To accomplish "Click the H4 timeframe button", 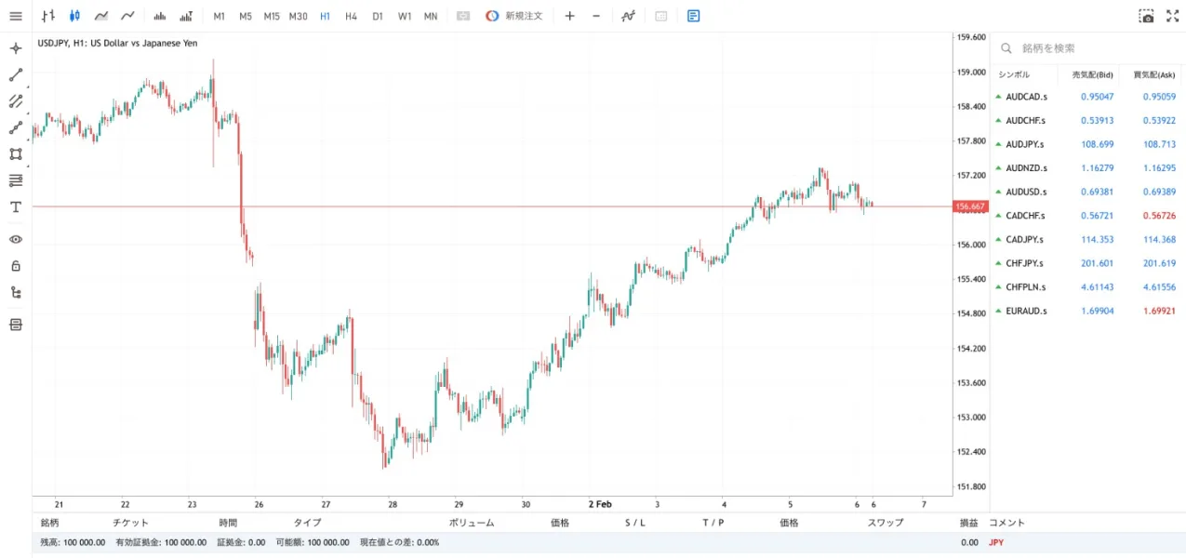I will tap(351, 17).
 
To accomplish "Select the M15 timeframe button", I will tap(272, 17).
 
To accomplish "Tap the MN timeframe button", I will tap(431, 17).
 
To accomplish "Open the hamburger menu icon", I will tap(16, 17).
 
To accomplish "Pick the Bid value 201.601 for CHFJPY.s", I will tap(1097, 263).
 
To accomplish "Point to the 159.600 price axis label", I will tap(971, 37).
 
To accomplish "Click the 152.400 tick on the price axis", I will tap(971, 452).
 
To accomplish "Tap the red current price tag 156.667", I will tap(970, 206).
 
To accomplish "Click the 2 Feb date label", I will tap(599, 504).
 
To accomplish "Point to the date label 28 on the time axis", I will tap(393, 504).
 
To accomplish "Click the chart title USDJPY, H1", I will tap(117, 43).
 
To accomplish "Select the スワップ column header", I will tap(885, 523).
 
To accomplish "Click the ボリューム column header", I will tap(471, 523).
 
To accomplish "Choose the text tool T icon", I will tap(16, 206).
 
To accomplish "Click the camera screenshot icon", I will tap(1146, 17).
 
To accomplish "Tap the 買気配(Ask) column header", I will tap(1153, 74).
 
